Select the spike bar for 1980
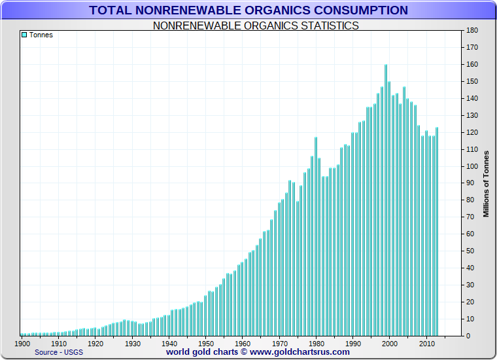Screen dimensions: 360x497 316,236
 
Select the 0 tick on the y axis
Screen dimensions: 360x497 467,336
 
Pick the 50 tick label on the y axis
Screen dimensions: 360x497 469,251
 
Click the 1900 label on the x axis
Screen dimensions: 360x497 22,343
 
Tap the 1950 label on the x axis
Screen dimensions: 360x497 206,343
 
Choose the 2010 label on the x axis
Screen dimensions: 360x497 426,343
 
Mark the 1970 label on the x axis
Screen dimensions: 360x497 279,343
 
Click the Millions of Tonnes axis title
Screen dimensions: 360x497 486,183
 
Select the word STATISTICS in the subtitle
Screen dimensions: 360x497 327,26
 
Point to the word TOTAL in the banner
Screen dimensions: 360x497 111,10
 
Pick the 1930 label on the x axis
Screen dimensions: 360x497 133,343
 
